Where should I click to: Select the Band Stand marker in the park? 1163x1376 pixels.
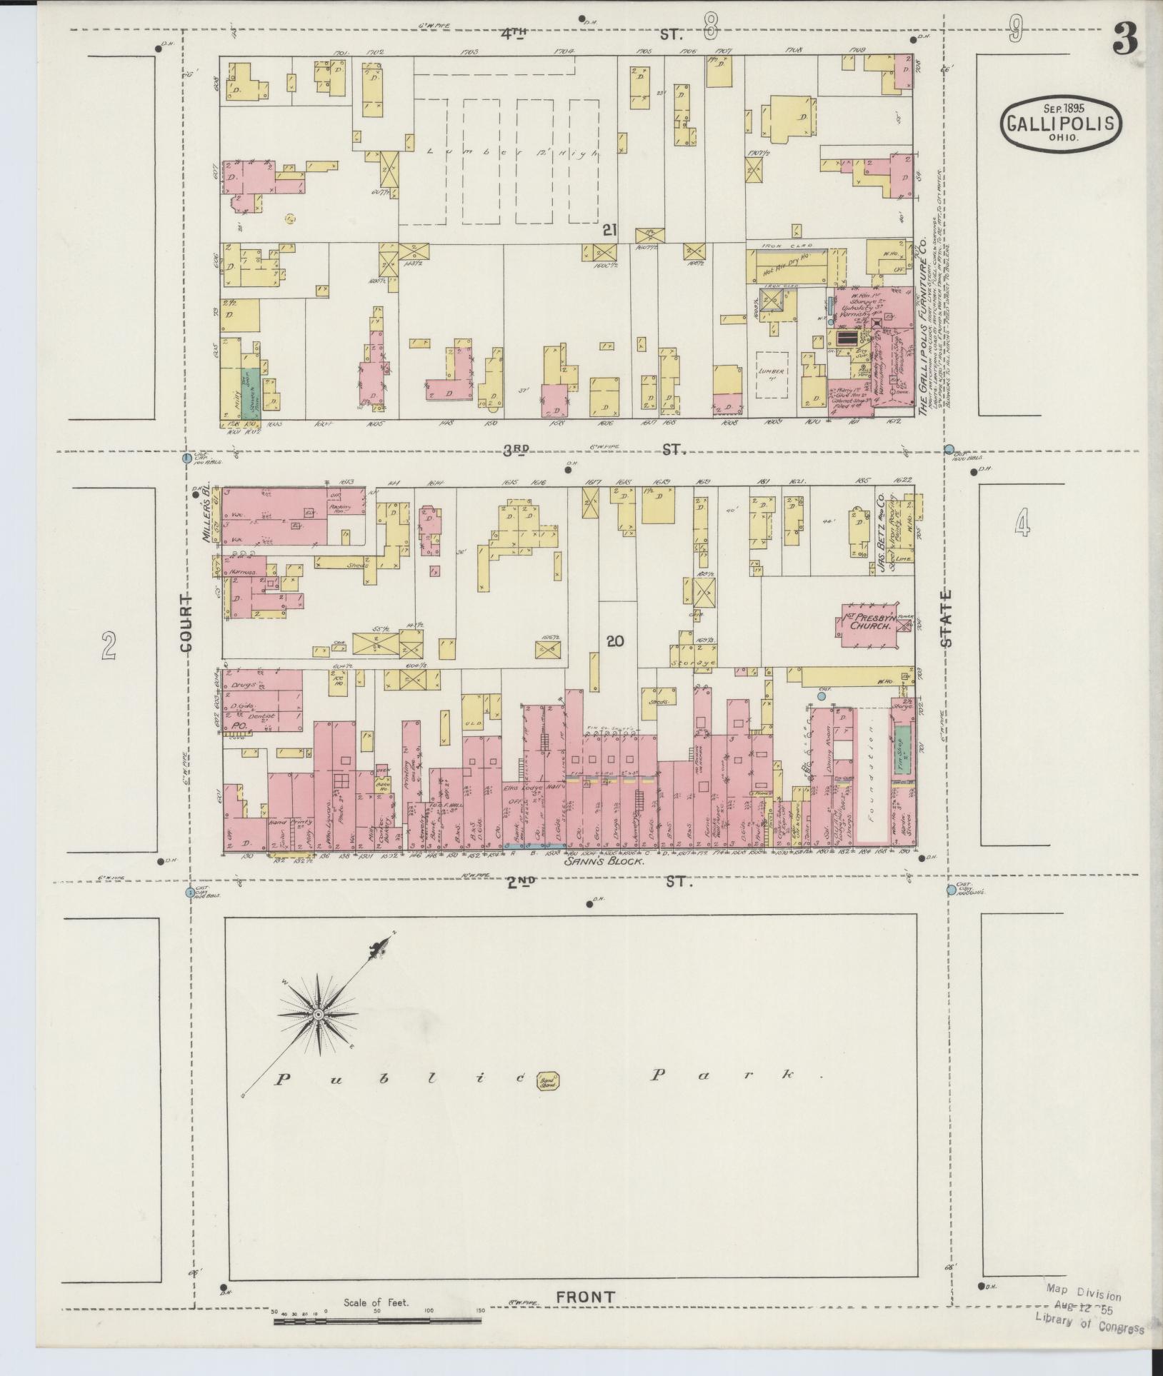(549, 1101)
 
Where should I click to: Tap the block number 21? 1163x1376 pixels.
(609, 230)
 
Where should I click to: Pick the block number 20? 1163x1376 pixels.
(614, 641)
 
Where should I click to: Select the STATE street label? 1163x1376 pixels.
(947, 618)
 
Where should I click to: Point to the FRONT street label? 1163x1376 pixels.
(586, 1297)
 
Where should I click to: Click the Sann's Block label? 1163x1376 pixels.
(604, 862)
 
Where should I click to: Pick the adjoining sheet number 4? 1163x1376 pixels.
(1022, 527)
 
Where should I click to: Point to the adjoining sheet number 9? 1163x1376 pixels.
(1014, 30)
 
